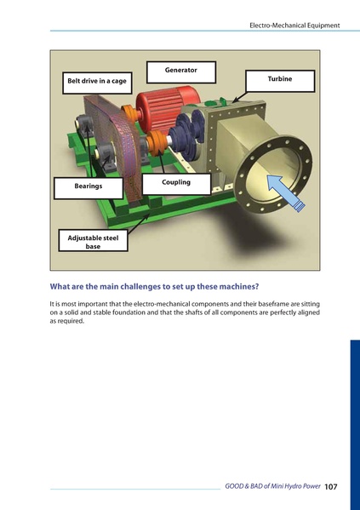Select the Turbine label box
[279, 80]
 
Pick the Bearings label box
[88, 186]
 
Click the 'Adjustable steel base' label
[93, 241]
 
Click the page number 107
[331, 486]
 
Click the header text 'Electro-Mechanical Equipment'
[294, 26]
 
